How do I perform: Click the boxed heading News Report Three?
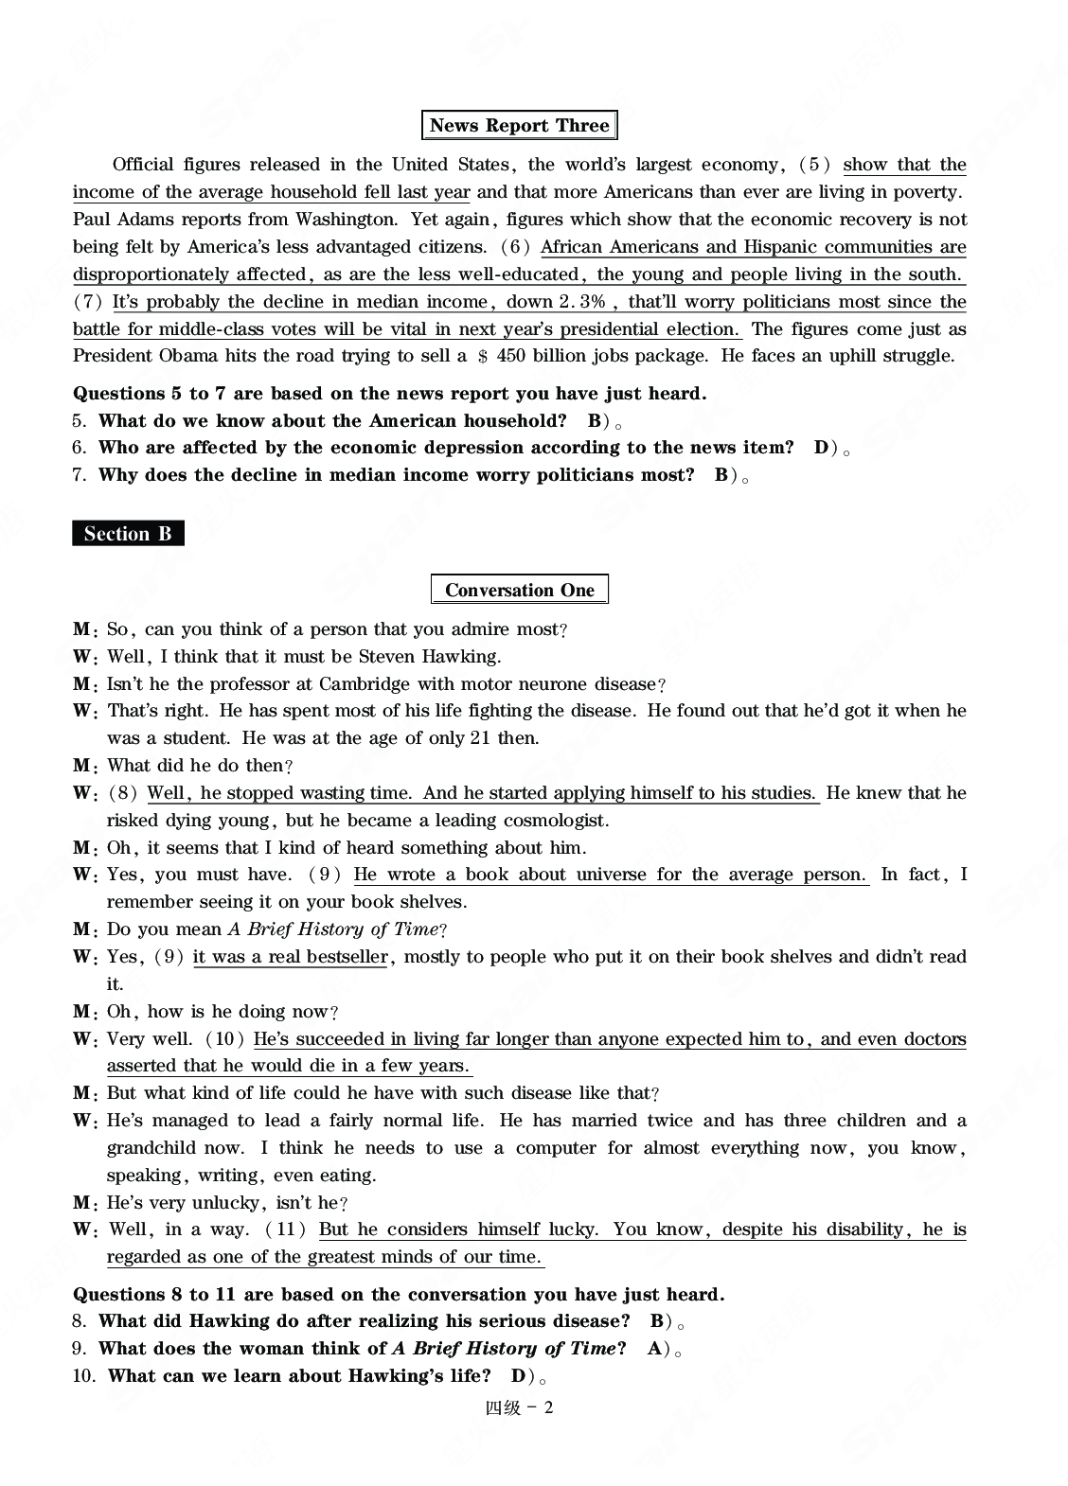point(519,125)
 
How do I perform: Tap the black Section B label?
point(128,534)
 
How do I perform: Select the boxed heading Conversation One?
point(519,590)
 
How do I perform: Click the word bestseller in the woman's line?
point(345,957)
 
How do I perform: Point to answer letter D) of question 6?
point(824,448)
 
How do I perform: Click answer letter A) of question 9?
point(657,1349)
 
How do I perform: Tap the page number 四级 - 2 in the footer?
point(519,1407)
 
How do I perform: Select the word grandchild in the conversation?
point(152,1148)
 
